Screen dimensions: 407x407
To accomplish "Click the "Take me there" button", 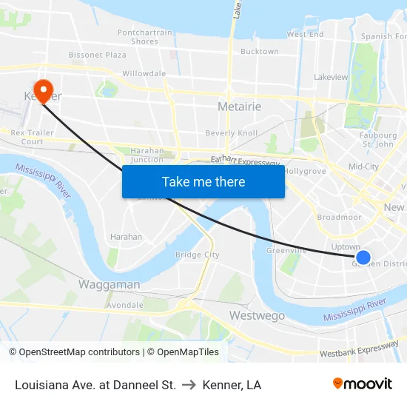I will [203, 181].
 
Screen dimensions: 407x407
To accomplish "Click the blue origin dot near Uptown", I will [363, 258].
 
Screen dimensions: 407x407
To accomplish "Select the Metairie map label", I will [239, 107].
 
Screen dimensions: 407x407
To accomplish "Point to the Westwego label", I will [257, 315].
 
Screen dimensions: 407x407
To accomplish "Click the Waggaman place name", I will [109, 284].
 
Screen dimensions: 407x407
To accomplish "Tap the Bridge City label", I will [197, 255].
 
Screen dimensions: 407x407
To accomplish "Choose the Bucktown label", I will [259, 52].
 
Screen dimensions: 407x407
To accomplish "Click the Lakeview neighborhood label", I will [330, 77].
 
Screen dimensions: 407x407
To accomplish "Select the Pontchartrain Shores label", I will [144, 37].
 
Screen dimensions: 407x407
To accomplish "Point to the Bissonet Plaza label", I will [97, 55].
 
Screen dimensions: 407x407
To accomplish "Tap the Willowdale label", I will [144, 73].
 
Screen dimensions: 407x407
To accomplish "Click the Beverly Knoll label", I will [231, 133].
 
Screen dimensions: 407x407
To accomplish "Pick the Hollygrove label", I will [305, 171].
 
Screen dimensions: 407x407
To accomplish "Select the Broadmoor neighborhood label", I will [339, 218].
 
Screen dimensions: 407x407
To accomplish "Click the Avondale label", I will [124, 305].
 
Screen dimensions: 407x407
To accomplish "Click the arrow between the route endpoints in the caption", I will [189, 385].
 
